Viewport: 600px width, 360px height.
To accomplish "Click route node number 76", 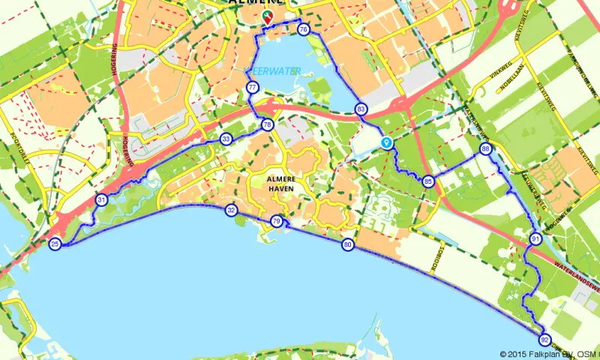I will point(303,30).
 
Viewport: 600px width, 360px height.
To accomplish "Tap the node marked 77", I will point(252,88).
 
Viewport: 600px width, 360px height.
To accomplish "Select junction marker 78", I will point(267,124).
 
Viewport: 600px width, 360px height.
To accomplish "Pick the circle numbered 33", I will point(226,139).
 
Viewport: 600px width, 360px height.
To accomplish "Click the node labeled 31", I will point(101,199).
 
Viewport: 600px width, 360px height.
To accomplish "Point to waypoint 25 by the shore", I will point(55,244).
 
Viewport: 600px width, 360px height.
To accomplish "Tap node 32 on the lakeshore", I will point(231,211).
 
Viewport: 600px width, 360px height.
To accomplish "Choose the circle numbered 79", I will point(277,221).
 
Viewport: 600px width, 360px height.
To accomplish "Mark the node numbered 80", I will point(348,244).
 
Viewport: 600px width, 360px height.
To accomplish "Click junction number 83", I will point(361,109).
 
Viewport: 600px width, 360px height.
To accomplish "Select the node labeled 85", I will point(428,181).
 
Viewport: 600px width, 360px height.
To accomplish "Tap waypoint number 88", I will point(486,150).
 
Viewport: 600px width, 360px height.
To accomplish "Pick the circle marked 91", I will point(535,239).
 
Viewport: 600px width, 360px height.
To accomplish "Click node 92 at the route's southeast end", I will point(544,339).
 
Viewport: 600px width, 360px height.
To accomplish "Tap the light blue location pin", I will point(387,142).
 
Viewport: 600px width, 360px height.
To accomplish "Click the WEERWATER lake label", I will point(274,70).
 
